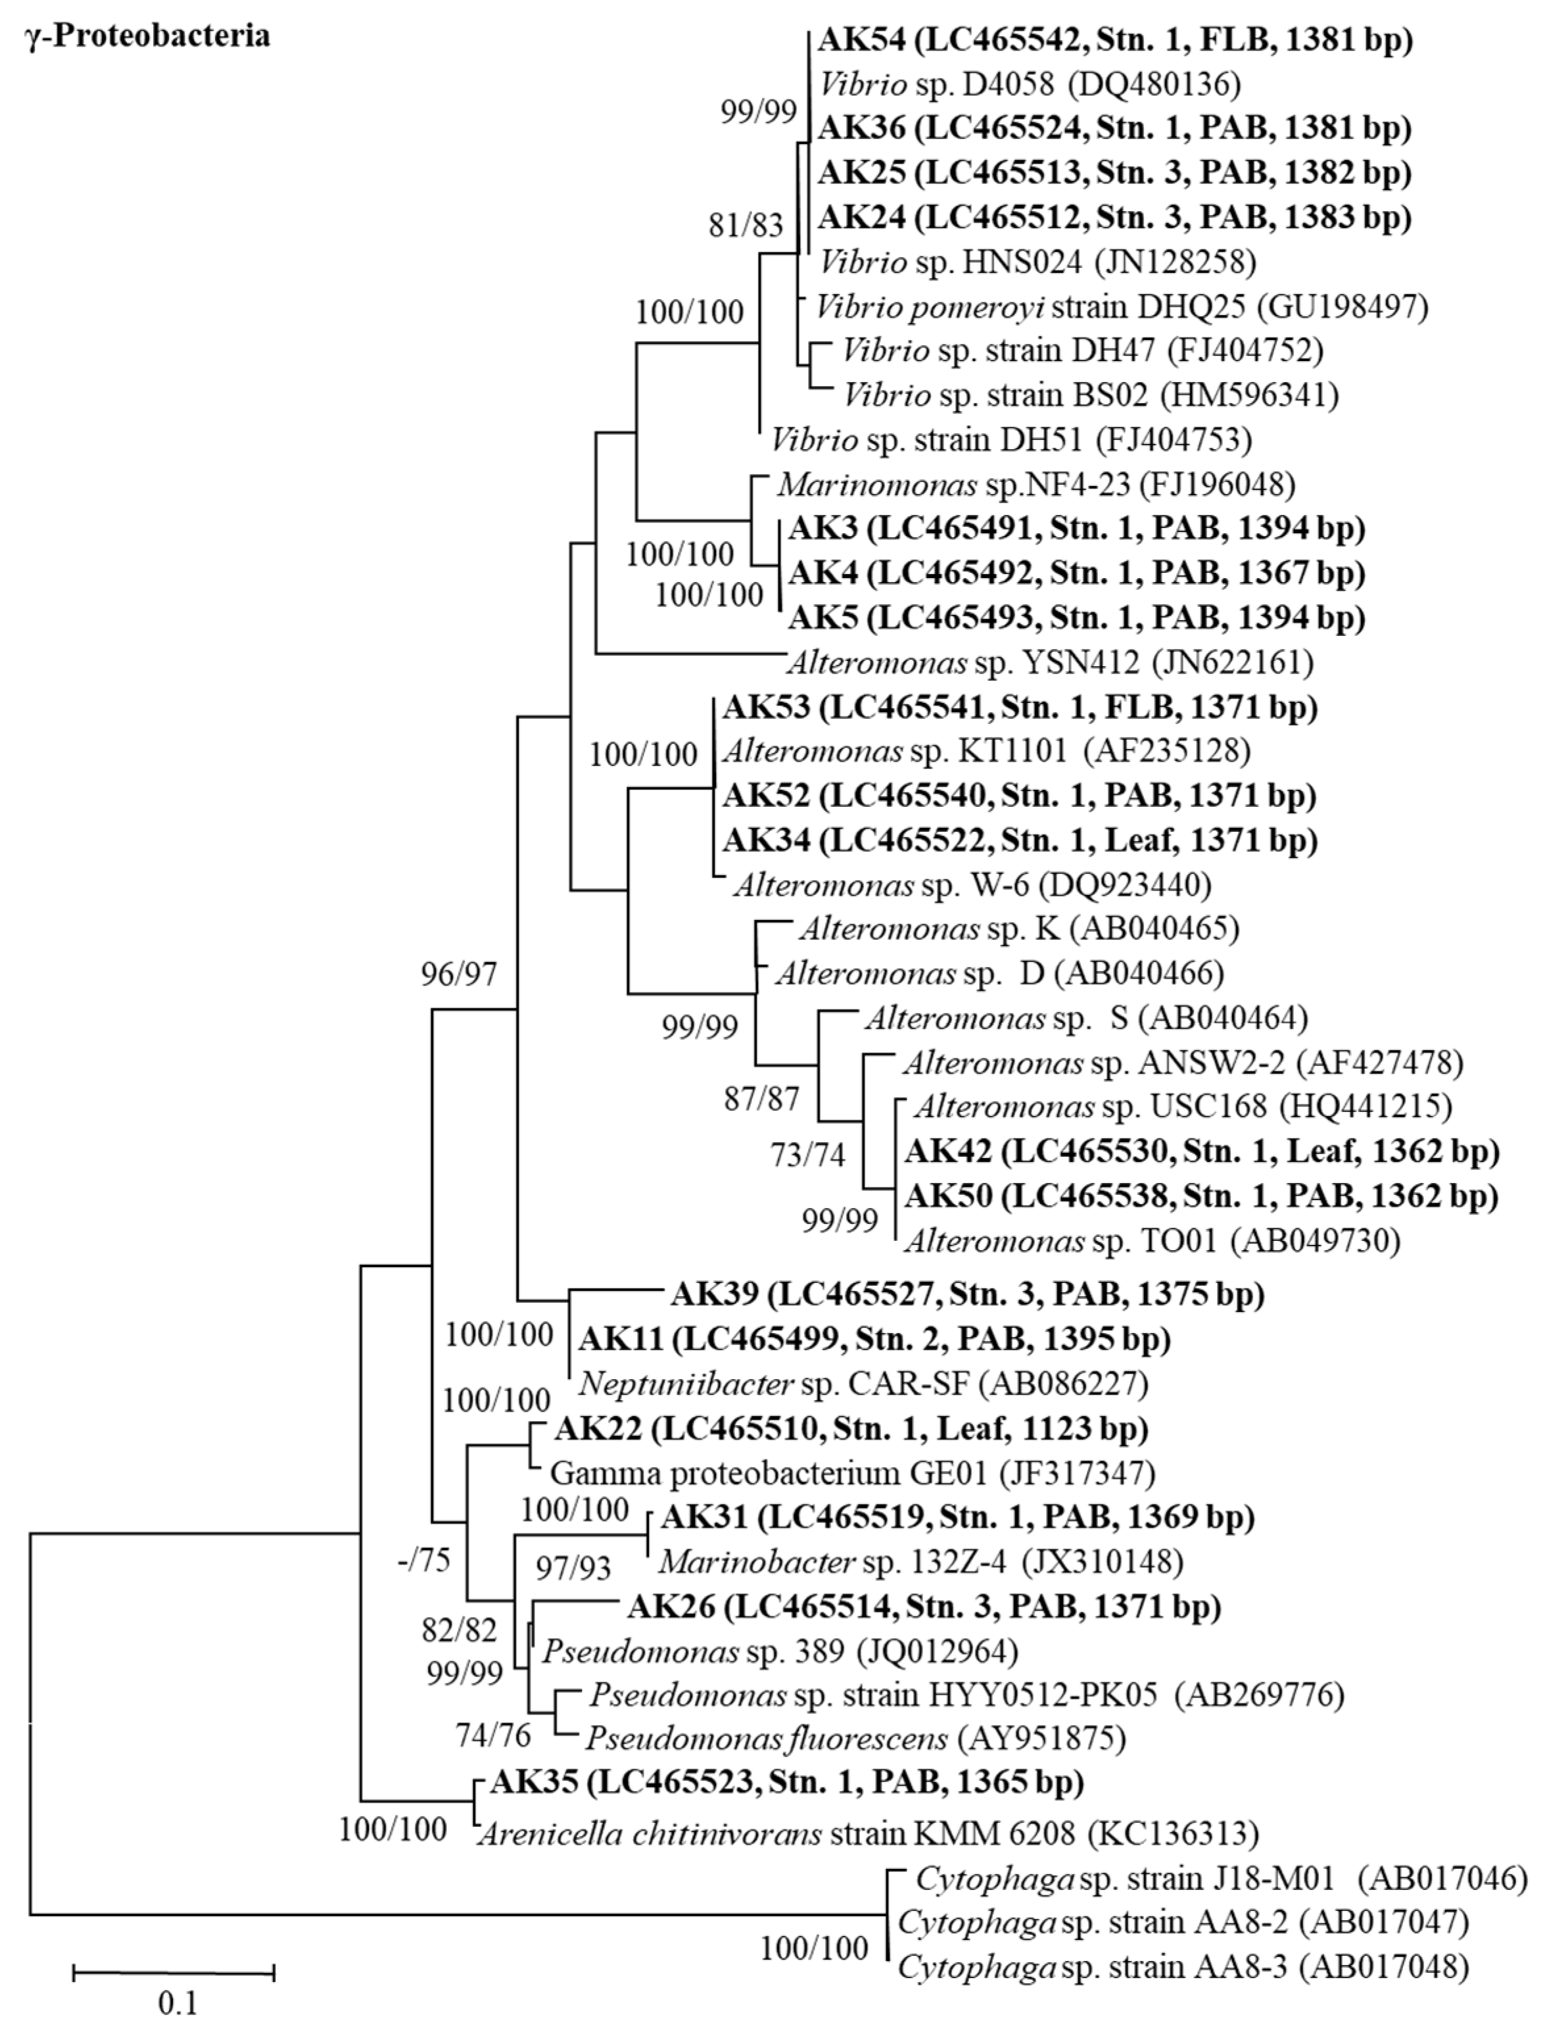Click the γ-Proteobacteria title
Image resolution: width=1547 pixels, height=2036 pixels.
tap(148, 36)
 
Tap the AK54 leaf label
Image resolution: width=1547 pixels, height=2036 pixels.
tap(1114, 41)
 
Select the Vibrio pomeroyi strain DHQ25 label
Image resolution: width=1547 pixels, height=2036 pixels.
tap(1122, 306)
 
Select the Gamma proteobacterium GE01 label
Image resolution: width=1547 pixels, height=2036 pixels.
tap(852, 1472)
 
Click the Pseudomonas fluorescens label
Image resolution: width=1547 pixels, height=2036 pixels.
tap(855, 1739)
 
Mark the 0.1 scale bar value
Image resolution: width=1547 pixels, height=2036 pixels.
tap(178, 2001)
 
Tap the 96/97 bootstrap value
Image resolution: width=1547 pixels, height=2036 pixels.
tap(458, 974)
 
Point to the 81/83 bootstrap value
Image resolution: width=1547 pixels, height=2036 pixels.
tap(746, 225)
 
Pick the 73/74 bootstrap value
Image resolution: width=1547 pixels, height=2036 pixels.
tap(807, 1155)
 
